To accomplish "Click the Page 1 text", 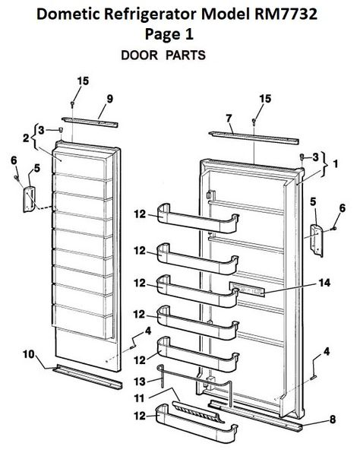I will coord(180,34).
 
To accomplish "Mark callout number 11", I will coord(138,397).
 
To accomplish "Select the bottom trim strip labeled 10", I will coord(84,375).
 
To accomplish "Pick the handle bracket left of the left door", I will coord(29,200).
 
